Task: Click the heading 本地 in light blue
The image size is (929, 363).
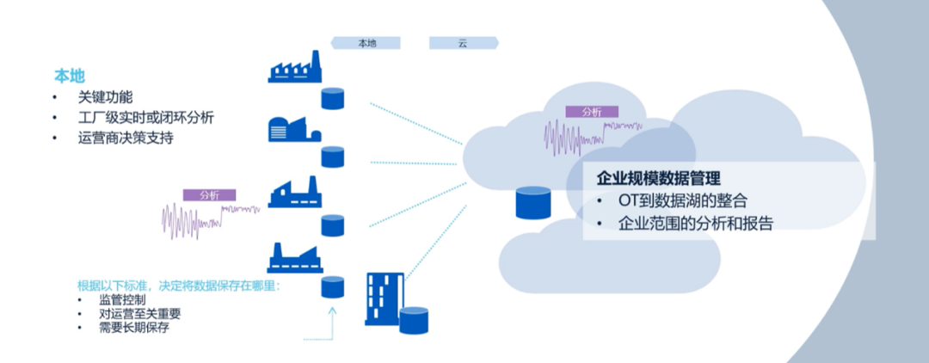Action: click(x=70, y=76)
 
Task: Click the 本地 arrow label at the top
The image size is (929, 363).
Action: click(x=367, y=42)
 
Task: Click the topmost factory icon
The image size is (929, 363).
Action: click(x=294, y=67)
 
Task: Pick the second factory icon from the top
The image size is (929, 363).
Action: click(x=294, y=129)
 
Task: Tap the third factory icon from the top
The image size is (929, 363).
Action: click(x=294, y=193)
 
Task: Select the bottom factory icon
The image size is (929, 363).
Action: click(x=294, y=257)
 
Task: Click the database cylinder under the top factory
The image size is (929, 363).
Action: click(x=333, y=97)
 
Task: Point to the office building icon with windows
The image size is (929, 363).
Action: click(x=385, y=298)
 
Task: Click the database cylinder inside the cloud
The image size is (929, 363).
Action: click(x=532, y=204)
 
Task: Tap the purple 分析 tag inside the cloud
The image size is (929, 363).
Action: click(x=592, y=112)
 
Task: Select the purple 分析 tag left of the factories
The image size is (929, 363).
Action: click(x=209, y=195)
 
